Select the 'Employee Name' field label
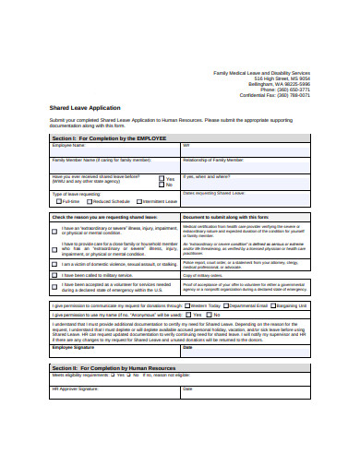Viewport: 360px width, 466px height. (x=69, y=145)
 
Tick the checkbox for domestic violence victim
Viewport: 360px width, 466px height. (x=54, y=263)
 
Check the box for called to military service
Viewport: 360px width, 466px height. (x=54, y=275)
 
